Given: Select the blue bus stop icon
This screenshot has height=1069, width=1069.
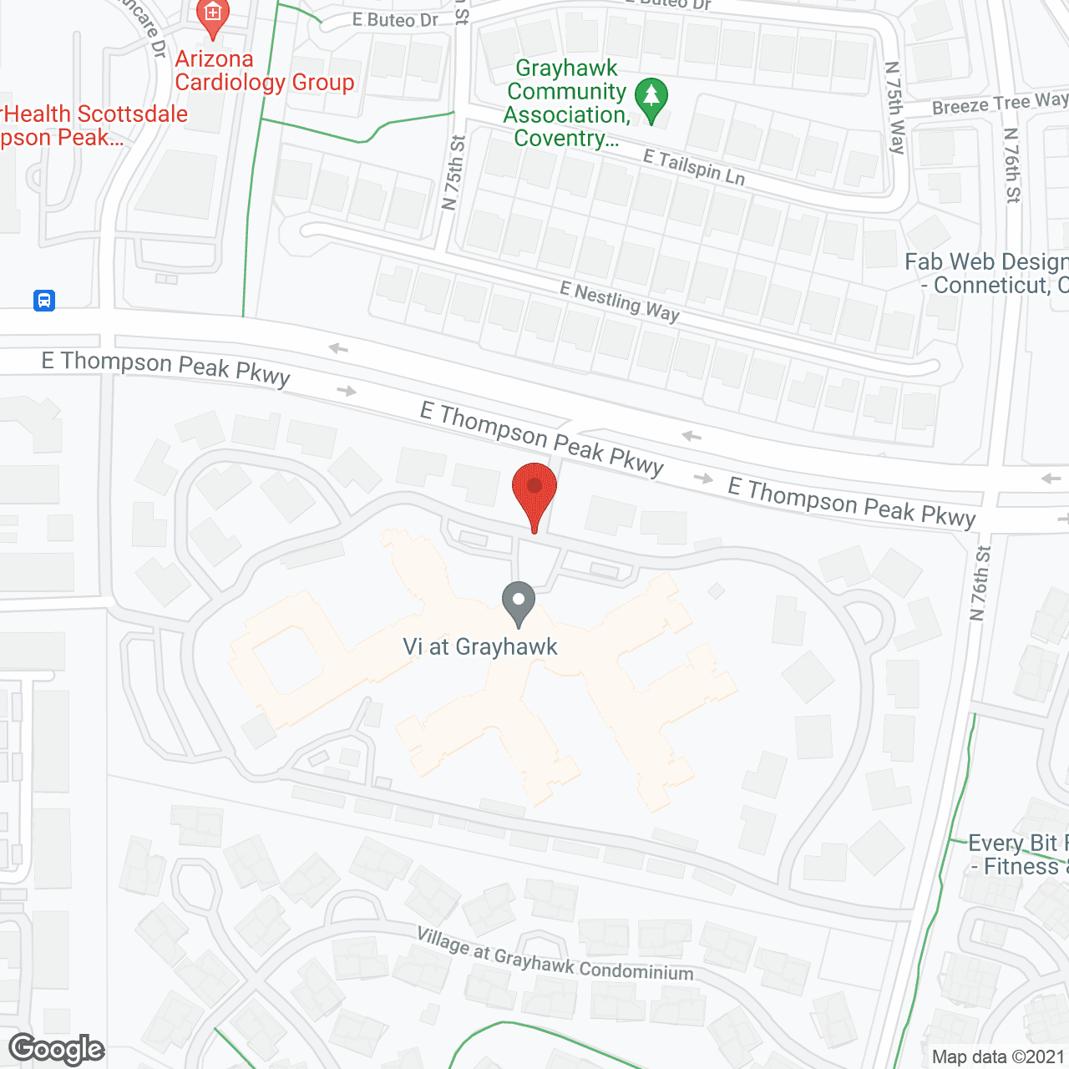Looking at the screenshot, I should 44,300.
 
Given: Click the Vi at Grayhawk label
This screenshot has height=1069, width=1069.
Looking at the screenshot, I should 480,646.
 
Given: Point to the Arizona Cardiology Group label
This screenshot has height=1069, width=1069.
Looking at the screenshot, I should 264,71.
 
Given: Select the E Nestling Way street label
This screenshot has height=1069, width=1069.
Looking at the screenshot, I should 620,302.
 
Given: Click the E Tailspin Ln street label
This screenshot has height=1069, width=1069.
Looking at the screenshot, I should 693,167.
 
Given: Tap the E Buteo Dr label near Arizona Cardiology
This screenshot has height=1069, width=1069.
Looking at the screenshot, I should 395,20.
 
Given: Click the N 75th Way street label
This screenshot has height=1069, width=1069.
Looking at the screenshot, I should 895,108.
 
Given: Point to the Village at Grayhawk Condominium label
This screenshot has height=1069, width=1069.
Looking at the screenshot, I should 555,955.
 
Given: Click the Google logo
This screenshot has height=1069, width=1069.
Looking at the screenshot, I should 57,1049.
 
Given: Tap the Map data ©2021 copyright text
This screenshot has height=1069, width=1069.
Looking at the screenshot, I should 998,1056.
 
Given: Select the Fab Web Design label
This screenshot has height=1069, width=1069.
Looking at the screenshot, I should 986,273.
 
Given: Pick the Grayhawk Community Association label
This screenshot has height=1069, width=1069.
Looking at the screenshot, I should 566,103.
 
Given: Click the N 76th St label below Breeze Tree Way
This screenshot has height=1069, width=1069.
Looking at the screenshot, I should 1012,165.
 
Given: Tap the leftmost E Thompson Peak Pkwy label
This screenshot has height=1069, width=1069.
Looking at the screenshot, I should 165,368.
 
